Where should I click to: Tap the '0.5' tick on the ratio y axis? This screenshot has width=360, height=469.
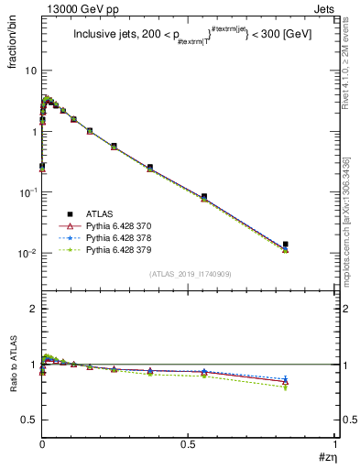point(29,420)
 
